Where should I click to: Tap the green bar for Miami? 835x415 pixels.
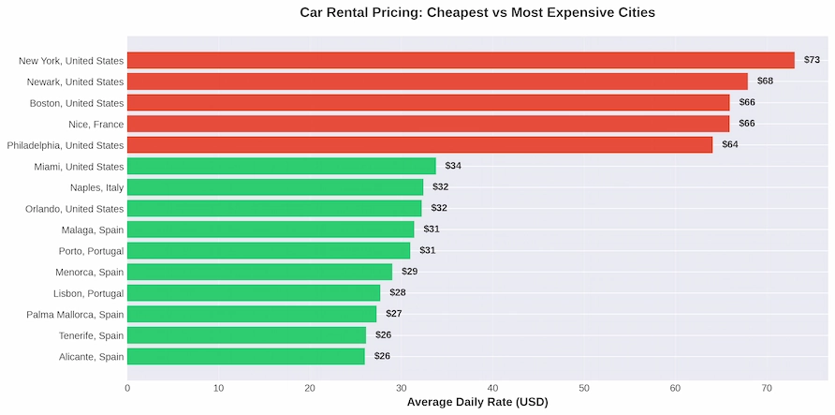[x=281, y=166]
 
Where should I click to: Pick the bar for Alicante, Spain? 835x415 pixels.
[x=245, y=356]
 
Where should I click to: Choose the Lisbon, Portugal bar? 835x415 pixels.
[x=254, y=292]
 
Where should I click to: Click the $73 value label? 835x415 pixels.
[x=812, y=60]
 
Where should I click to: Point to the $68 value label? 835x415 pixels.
[x=765, y=82]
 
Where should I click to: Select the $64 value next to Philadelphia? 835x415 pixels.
[x=729, y=144]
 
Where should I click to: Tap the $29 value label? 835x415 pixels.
[x=409, y=272]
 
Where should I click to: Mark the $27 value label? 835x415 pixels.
[x=393, y=314]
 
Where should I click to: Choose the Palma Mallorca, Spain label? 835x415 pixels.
[x=75, y=314]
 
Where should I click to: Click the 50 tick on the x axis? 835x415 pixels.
[x=584, y=387]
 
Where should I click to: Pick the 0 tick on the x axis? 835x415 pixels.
[x=127, y=387]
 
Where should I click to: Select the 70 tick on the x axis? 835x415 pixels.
[x=767, y=387]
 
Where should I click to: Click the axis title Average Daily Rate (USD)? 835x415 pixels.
[x=477, y=402]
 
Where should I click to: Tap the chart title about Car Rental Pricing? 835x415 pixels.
[x=477, y=13]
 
